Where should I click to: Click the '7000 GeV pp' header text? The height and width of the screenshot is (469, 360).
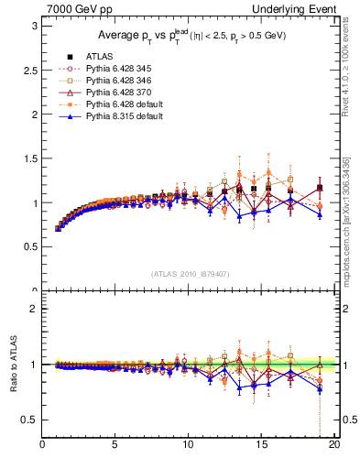(74, 8)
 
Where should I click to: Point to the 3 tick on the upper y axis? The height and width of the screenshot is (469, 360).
(33, 26)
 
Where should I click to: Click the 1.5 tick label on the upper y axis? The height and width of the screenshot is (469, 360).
(29, 158)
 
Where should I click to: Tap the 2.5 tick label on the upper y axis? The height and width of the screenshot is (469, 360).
(29, 70)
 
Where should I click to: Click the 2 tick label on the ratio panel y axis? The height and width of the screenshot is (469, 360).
(33, 310)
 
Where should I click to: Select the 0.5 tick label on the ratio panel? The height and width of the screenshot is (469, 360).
(29, 420)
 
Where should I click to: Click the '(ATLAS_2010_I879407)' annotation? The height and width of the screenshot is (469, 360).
(190, 273)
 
